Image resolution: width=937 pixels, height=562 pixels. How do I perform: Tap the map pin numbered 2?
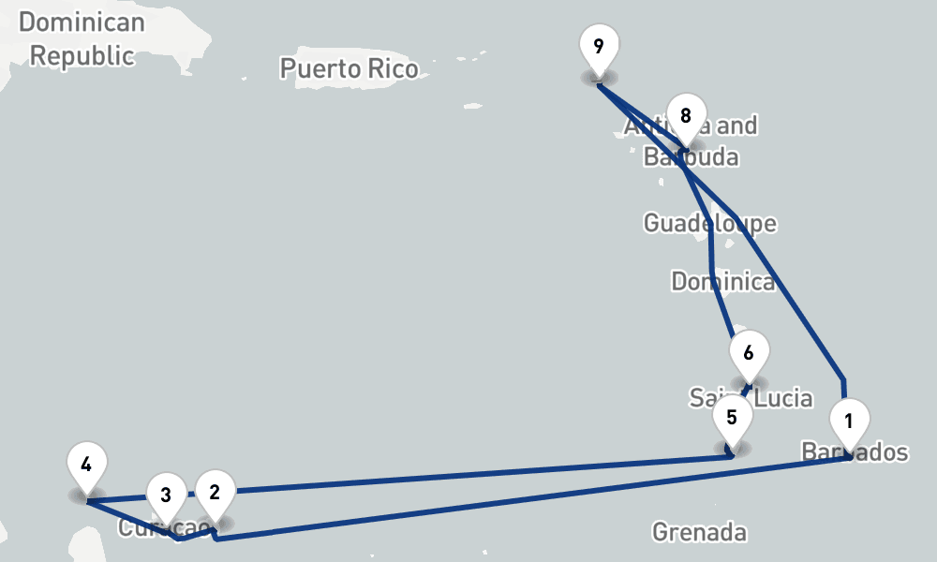click(x=215, y=493)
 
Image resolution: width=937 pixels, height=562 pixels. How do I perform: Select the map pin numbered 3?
click(x=166, y=495)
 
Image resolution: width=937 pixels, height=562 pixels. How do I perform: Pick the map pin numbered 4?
click(x=86, y=465)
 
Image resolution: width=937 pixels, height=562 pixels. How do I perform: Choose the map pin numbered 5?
click(x=732, y=417)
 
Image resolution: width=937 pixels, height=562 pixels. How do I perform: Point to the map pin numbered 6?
click(x=748, y=354)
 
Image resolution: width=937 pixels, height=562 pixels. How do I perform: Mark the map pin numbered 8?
click(x=686, y=117)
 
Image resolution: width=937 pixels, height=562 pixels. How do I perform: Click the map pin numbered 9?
click(x=599, y=46)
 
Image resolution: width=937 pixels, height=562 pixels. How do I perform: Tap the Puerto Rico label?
click(x=349, y=67)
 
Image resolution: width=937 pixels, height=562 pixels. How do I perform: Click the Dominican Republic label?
click(x=82, y=38)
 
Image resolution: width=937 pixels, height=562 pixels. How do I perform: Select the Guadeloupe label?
click(x=709, y=223)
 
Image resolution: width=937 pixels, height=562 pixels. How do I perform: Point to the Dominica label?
click(x=723, y=281)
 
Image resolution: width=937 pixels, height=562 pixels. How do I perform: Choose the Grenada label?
click(x=699, y=533)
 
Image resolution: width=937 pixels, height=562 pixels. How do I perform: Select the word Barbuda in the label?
click(x=691, y=157)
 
